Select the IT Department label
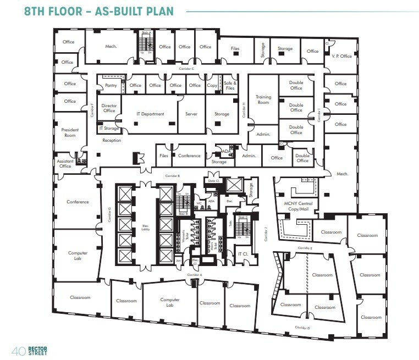[150, 114]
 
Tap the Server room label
[191, 114]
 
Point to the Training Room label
[263, 99]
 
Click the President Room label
[70, 132]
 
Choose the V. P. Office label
[341, 56]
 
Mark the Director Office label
[109, 108]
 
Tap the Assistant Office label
[65, 163]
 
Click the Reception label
[112, 140]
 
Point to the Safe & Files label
[230, 85]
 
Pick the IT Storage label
[109, 128]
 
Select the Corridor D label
[302, 328]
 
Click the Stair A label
[146, 33]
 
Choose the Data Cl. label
[214, 180]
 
